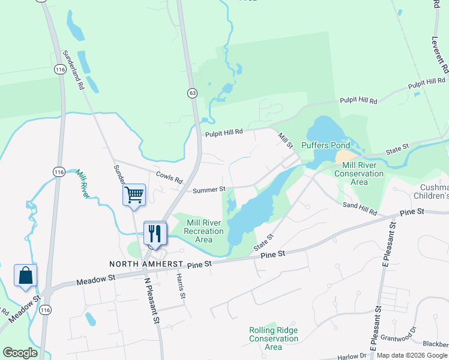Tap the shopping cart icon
tap(134, 195)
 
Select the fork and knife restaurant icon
tap(155, 233)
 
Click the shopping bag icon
tap(26, 276)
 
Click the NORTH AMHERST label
tap(145, 264)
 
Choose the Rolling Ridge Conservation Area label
tap(274, 338)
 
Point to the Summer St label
tap(209, 191)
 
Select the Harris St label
tap(181, 287)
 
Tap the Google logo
tap(20, 353)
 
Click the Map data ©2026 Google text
tap(412, 355)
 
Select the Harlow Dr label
tap(352, 356)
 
